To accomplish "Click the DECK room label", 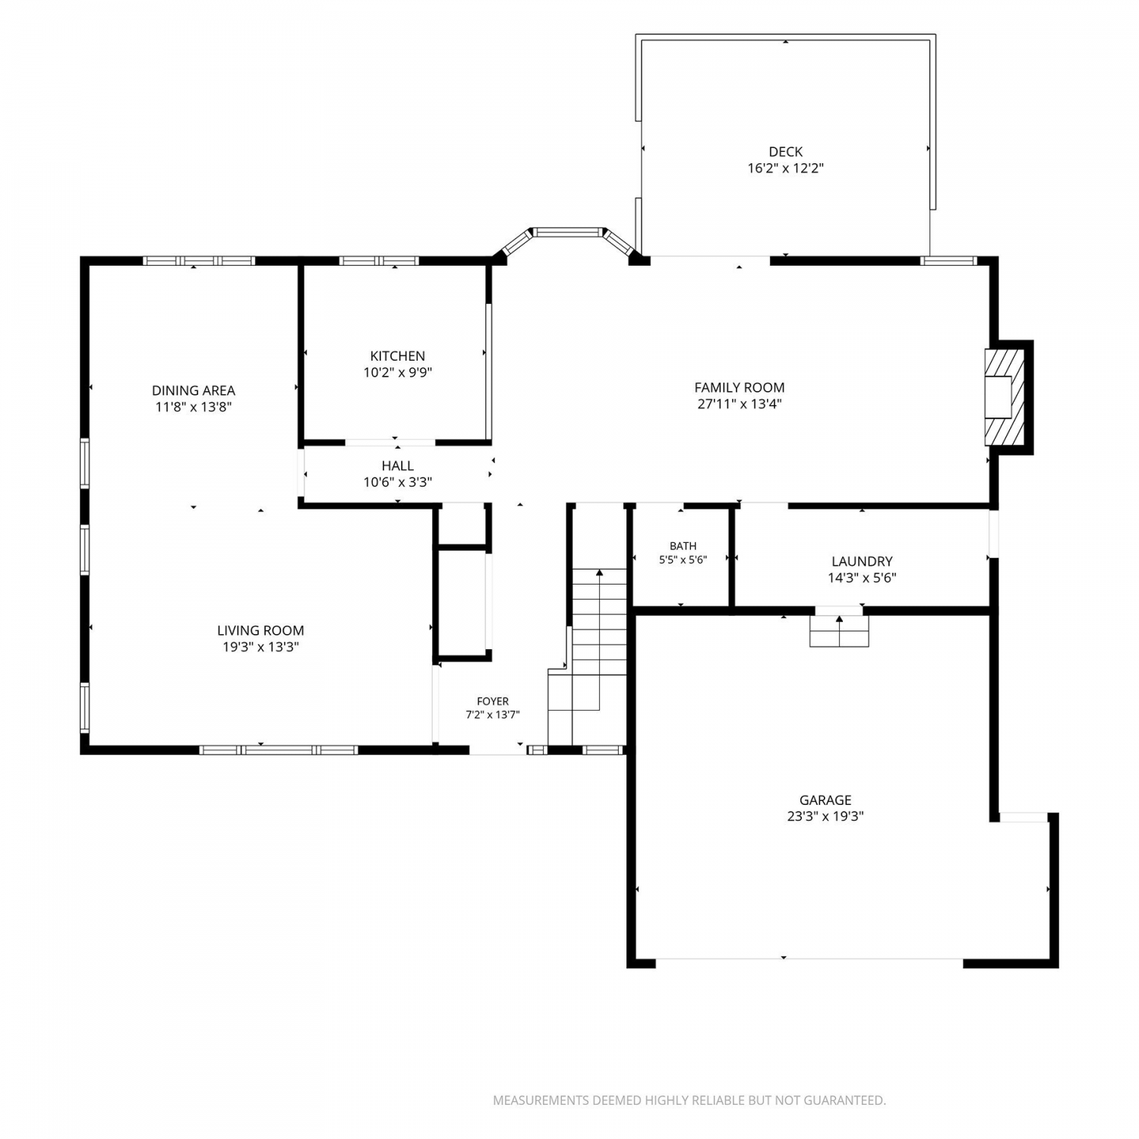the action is pyautogui.click(x=785, y=152).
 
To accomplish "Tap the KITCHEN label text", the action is pyautogui.click(x=397, y=356).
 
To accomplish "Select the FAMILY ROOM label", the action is pyautogui.click(x=740, y=387).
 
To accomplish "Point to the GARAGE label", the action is pyautogui.click(x=825, y=800).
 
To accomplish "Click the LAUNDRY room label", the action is pyautogui.click(x=862, y=561).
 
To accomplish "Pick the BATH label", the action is pyautogui.click(x=683, y=546).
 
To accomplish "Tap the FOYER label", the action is pyautogui.click(x=493, y=702).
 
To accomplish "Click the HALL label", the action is pyautogui.click(x=398, y=465).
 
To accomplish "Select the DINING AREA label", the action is pyautogui.click(x=194, y=390).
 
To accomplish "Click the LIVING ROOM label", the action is pyautogui.click(x=260, y=630).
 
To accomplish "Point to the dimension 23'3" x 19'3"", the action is pyautogui.click(x=825, y=816).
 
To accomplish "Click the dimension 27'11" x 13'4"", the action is pyautogui.click(x=740, y=404).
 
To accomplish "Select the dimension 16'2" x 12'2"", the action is pyautogui.click(x=785, y=169).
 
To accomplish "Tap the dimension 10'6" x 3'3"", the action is pyautogui.click(x=398, y=482).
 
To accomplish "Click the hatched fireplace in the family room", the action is pyautogui.click(x=1004, y=396).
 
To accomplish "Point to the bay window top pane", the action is pyautogui.click(x=566, y=232).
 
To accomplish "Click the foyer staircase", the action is pyautogui.click(x=588, y=657).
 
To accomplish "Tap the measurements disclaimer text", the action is pyautogui.click(x=689, y=1100).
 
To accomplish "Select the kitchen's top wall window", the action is pyautogui.click(x=379, y=260).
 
